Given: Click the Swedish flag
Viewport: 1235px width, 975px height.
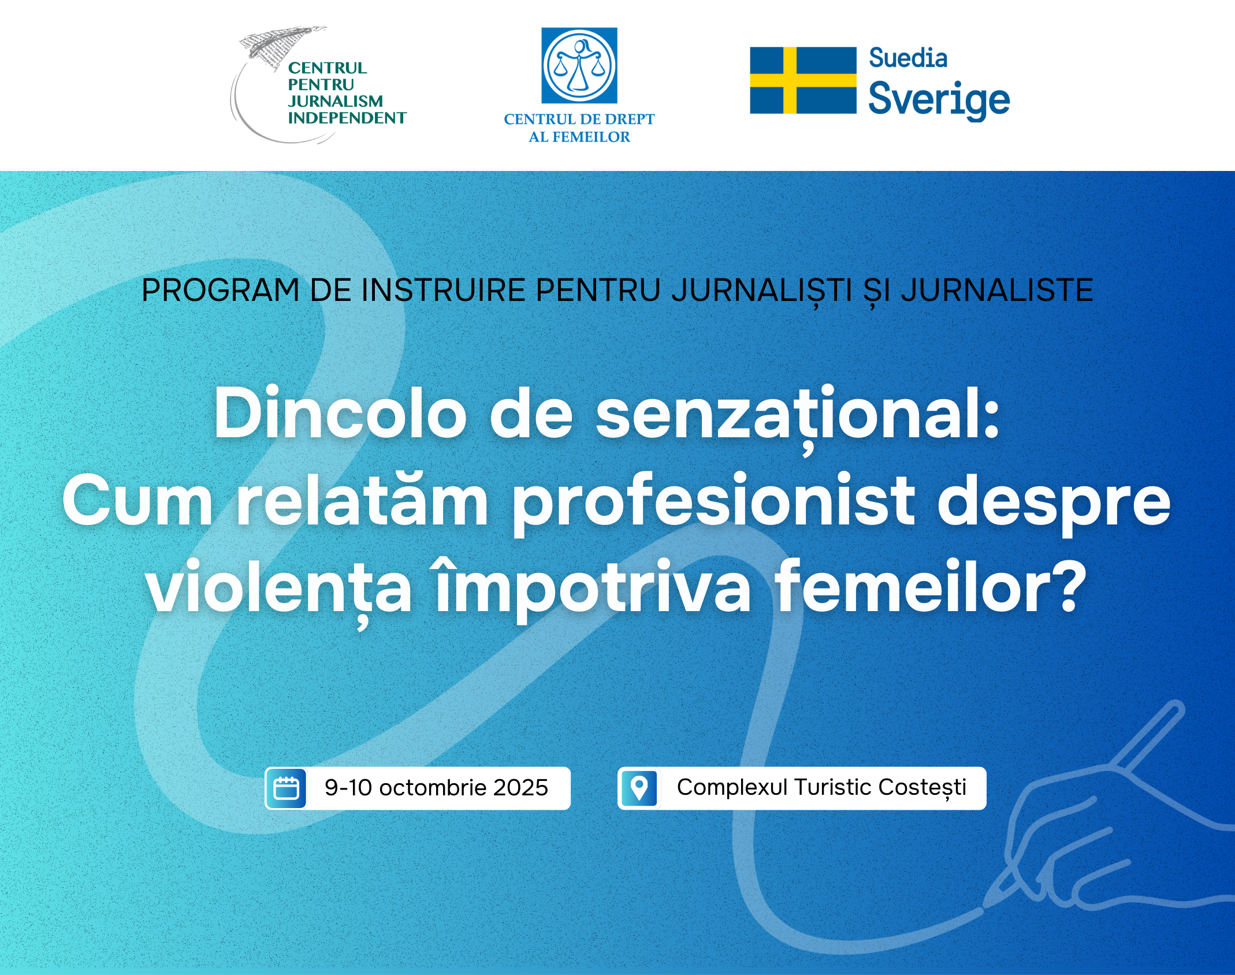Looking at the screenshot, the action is [803, 80].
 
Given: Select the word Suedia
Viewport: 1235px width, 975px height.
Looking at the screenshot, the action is [908, 58].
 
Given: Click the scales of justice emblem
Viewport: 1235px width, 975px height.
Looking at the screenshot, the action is [579, 65].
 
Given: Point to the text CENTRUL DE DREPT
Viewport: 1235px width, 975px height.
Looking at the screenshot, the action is [579, 119].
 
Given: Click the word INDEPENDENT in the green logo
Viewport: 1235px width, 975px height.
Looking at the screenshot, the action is [347, 118].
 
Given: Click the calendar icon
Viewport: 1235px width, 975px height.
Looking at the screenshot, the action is [286, 788].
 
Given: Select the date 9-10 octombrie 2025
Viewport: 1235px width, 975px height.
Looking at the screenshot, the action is [436, 788].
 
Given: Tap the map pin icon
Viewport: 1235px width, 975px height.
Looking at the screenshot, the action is [639, 788].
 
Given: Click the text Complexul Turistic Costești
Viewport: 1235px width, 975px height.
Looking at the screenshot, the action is [821, 788].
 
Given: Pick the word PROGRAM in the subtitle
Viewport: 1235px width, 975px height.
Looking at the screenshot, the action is [220, 290].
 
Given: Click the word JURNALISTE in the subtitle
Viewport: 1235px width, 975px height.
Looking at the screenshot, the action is [997, 290].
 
